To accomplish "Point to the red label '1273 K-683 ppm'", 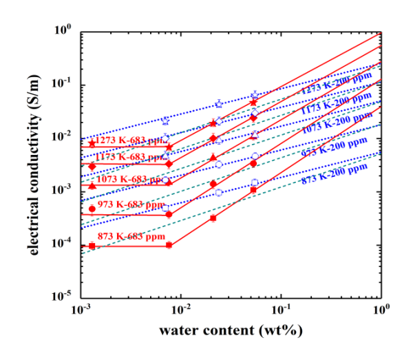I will point(129,140).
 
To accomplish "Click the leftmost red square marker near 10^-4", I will point(92,246).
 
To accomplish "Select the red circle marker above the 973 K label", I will point(92,209).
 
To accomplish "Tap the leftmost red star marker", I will point(92,143).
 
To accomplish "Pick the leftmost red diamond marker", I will point(92,166).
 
